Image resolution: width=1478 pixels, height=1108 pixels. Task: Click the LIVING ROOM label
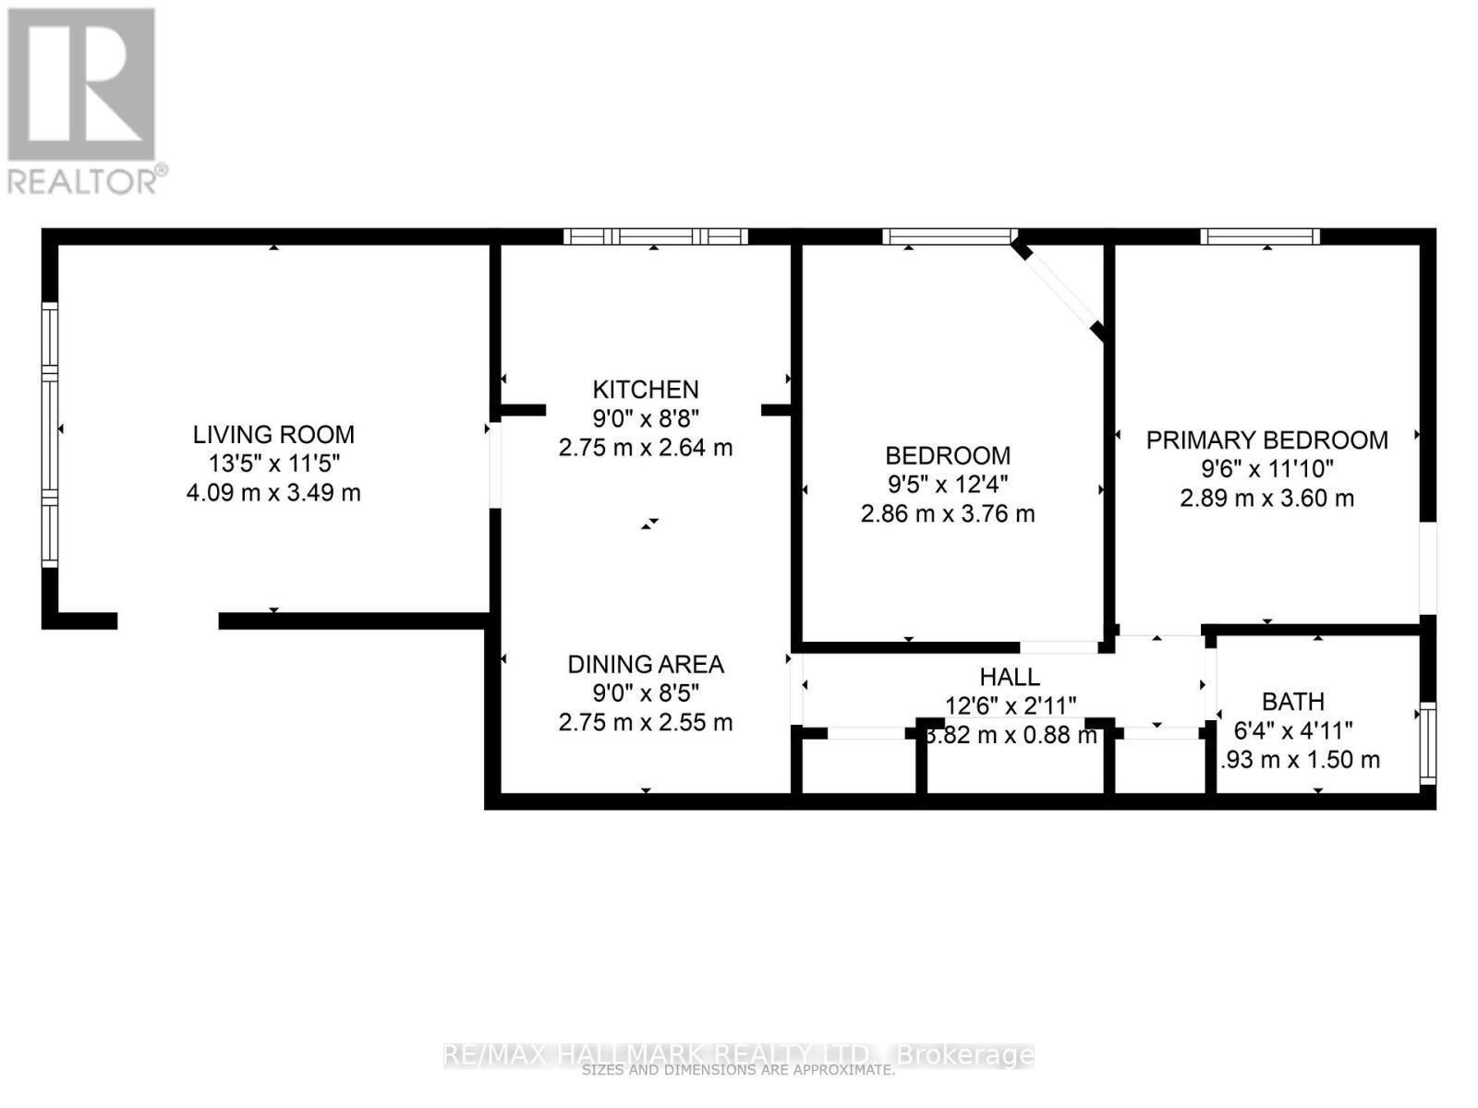coord(273,434)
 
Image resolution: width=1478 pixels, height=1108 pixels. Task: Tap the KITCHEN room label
coord(646,389)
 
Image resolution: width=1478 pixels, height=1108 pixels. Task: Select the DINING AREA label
coord(646,664)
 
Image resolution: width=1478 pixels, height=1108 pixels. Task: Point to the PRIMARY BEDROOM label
coord(1266,440)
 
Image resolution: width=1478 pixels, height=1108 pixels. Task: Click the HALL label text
coord(1010,677)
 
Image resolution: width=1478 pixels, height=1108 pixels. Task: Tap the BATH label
coord(1293,702)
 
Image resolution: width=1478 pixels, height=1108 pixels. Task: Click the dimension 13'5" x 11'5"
coord(273,464)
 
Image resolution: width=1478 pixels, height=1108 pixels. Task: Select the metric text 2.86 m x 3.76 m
coord(948,513)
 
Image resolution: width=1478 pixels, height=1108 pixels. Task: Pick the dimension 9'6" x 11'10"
coord(1266,469)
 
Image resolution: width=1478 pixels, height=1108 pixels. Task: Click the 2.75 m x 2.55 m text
coord(646,722)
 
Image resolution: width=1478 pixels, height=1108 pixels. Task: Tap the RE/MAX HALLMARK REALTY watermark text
coord(739,1054)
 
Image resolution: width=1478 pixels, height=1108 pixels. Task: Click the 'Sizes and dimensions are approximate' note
coord(739,1071)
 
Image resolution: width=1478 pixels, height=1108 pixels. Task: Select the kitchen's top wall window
coord(656,236)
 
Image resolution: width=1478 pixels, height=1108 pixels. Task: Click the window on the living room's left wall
coord(50,434)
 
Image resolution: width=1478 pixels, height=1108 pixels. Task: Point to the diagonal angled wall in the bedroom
coord(1059,290)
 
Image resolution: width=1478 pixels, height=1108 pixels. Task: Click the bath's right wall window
coord(1428,743)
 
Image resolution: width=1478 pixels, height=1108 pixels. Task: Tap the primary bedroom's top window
coord(1260,236)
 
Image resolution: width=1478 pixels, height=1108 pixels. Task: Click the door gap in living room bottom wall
coord(168,620)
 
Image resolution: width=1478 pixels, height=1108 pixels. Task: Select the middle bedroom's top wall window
coord(949,236)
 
